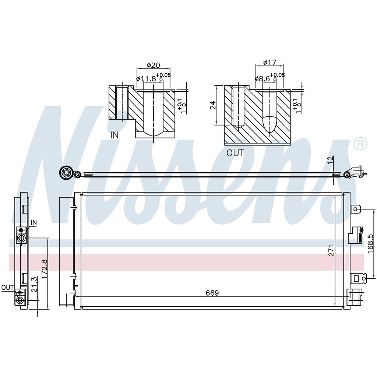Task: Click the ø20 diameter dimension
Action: [153, 65]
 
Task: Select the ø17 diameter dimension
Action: [270, 63]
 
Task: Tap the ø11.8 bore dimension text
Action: [146, 78]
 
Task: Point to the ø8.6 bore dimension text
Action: [263, 78]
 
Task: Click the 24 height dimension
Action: [213, 105]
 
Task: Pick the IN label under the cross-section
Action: [114, 135]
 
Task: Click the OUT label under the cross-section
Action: [235, 153]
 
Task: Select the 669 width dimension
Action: [212, 293]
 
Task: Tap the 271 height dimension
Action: [331, 250]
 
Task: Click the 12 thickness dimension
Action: [330, 160]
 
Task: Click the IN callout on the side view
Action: [34, 222]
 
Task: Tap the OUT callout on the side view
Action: [7, 288]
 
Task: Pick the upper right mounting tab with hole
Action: [356, 209]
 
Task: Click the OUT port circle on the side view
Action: [20, 300]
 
